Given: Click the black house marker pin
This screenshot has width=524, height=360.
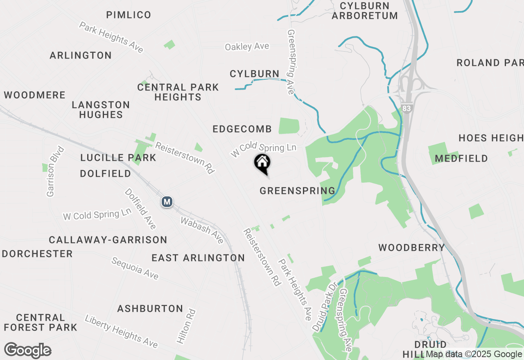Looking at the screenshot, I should tap(262, 164).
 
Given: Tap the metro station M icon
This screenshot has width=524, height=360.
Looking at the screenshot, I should tap(167, 202).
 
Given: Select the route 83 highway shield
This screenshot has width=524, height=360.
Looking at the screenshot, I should tap(407, 108).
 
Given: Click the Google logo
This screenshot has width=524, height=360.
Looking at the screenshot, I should tap(28, 350).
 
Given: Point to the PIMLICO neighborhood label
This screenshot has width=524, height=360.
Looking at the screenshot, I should tap(129, 15).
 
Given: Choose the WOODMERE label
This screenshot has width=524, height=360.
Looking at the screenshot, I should tap(35, 95).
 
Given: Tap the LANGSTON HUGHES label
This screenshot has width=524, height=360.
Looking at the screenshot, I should tap(101, 110).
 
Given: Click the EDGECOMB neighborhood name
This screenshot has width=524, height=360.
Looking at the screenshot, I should tap(242, 129).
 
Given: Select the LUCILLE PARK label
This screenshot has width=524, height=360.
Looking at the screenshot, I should tap(118, 157).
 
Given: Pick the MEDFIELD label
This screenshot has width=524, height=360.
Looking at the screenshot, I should tap(461, 158).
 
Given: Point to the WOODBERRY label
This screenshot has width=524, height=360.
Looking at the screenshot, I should tap(411, 248).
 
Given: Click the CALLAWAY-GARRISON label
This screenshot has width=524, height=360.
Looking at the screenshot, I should tap(108, 240).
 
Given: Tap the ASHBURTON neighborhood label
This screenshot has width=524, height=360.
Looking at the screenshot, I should tap(150, 308).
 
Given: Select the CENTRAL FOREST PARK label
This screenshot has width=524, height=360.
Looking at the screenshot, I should tap(41, 322).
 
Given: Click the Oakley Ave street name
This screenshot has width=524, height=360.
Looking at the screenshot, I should tap(247, 47).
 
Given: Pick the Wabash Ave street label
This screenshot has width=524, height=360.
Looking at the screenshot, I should tap(202, 230).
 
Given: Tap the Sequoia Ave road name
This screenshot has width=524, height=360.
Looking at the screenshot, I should tap(135, 268).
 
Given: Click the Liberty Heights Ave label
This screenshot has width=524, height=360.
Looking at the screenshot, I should tap(121, 331).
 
